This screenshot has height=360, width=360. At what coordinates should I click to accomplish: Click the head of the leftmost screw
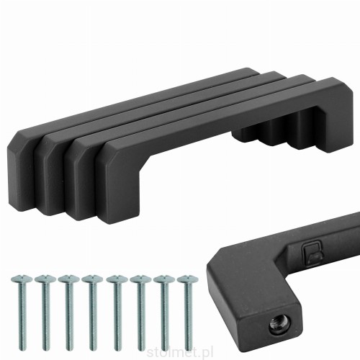coord(22,279)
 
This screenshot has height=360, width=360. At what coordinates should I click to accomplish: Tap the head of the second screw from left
coord(45,279)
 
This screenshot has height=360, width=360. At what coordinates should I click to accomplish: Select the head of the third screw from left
coord(68,279)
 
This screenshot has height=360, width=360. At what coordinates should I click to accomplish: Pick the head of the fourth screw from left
coord(92,279)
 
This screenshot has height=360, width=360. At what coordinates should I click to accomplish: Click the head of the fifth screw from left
coord(117,279)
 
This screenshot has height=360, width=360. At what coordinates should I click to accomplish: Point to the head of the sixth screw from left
coord(140,279)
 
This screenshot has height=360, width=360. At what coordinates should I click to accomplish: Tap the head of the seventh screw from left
coord(164,279)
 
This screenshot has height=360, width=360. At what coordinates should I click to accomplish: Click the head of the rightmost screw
coord(188,279)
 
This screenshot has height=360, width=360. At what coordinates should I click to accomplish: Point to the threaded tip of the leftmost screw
coord(22,347)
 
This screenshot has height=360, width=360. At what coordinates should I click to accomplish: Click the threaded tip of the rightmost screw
coord(188,347)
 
